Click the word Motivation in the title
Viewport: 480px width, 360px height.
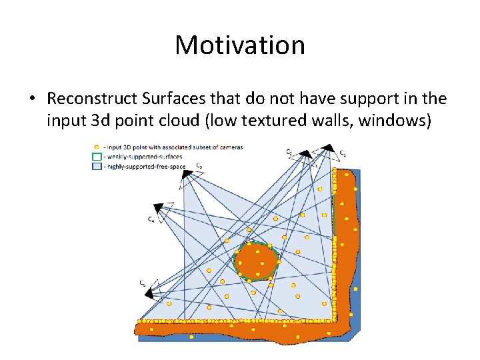coord(240,45)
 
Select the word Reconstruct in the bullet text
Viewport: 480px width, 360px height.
coord(92,99)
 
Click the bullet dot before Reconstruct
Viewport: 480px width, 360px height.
coord(32,99)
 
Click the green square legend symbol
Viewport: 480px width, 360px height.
coord(97,157)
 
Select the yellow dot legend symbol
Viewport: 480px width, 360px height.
coord(97,147)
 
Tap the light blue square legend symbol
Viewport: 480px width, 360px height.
coord(97,166)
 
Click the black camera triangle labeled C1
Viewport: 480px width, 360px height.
coord(329,148)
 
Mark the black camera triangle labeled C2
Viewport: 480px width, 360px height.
coord(304,155)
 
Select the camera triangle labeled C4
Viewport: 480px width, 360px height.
coord(158,207)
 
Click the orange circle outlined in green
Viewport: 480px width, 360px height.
coord(256,261)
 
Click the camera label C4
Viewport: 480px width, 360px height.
coord(151,219)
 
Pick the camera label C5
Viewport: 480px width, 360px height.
coord(143,283)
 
